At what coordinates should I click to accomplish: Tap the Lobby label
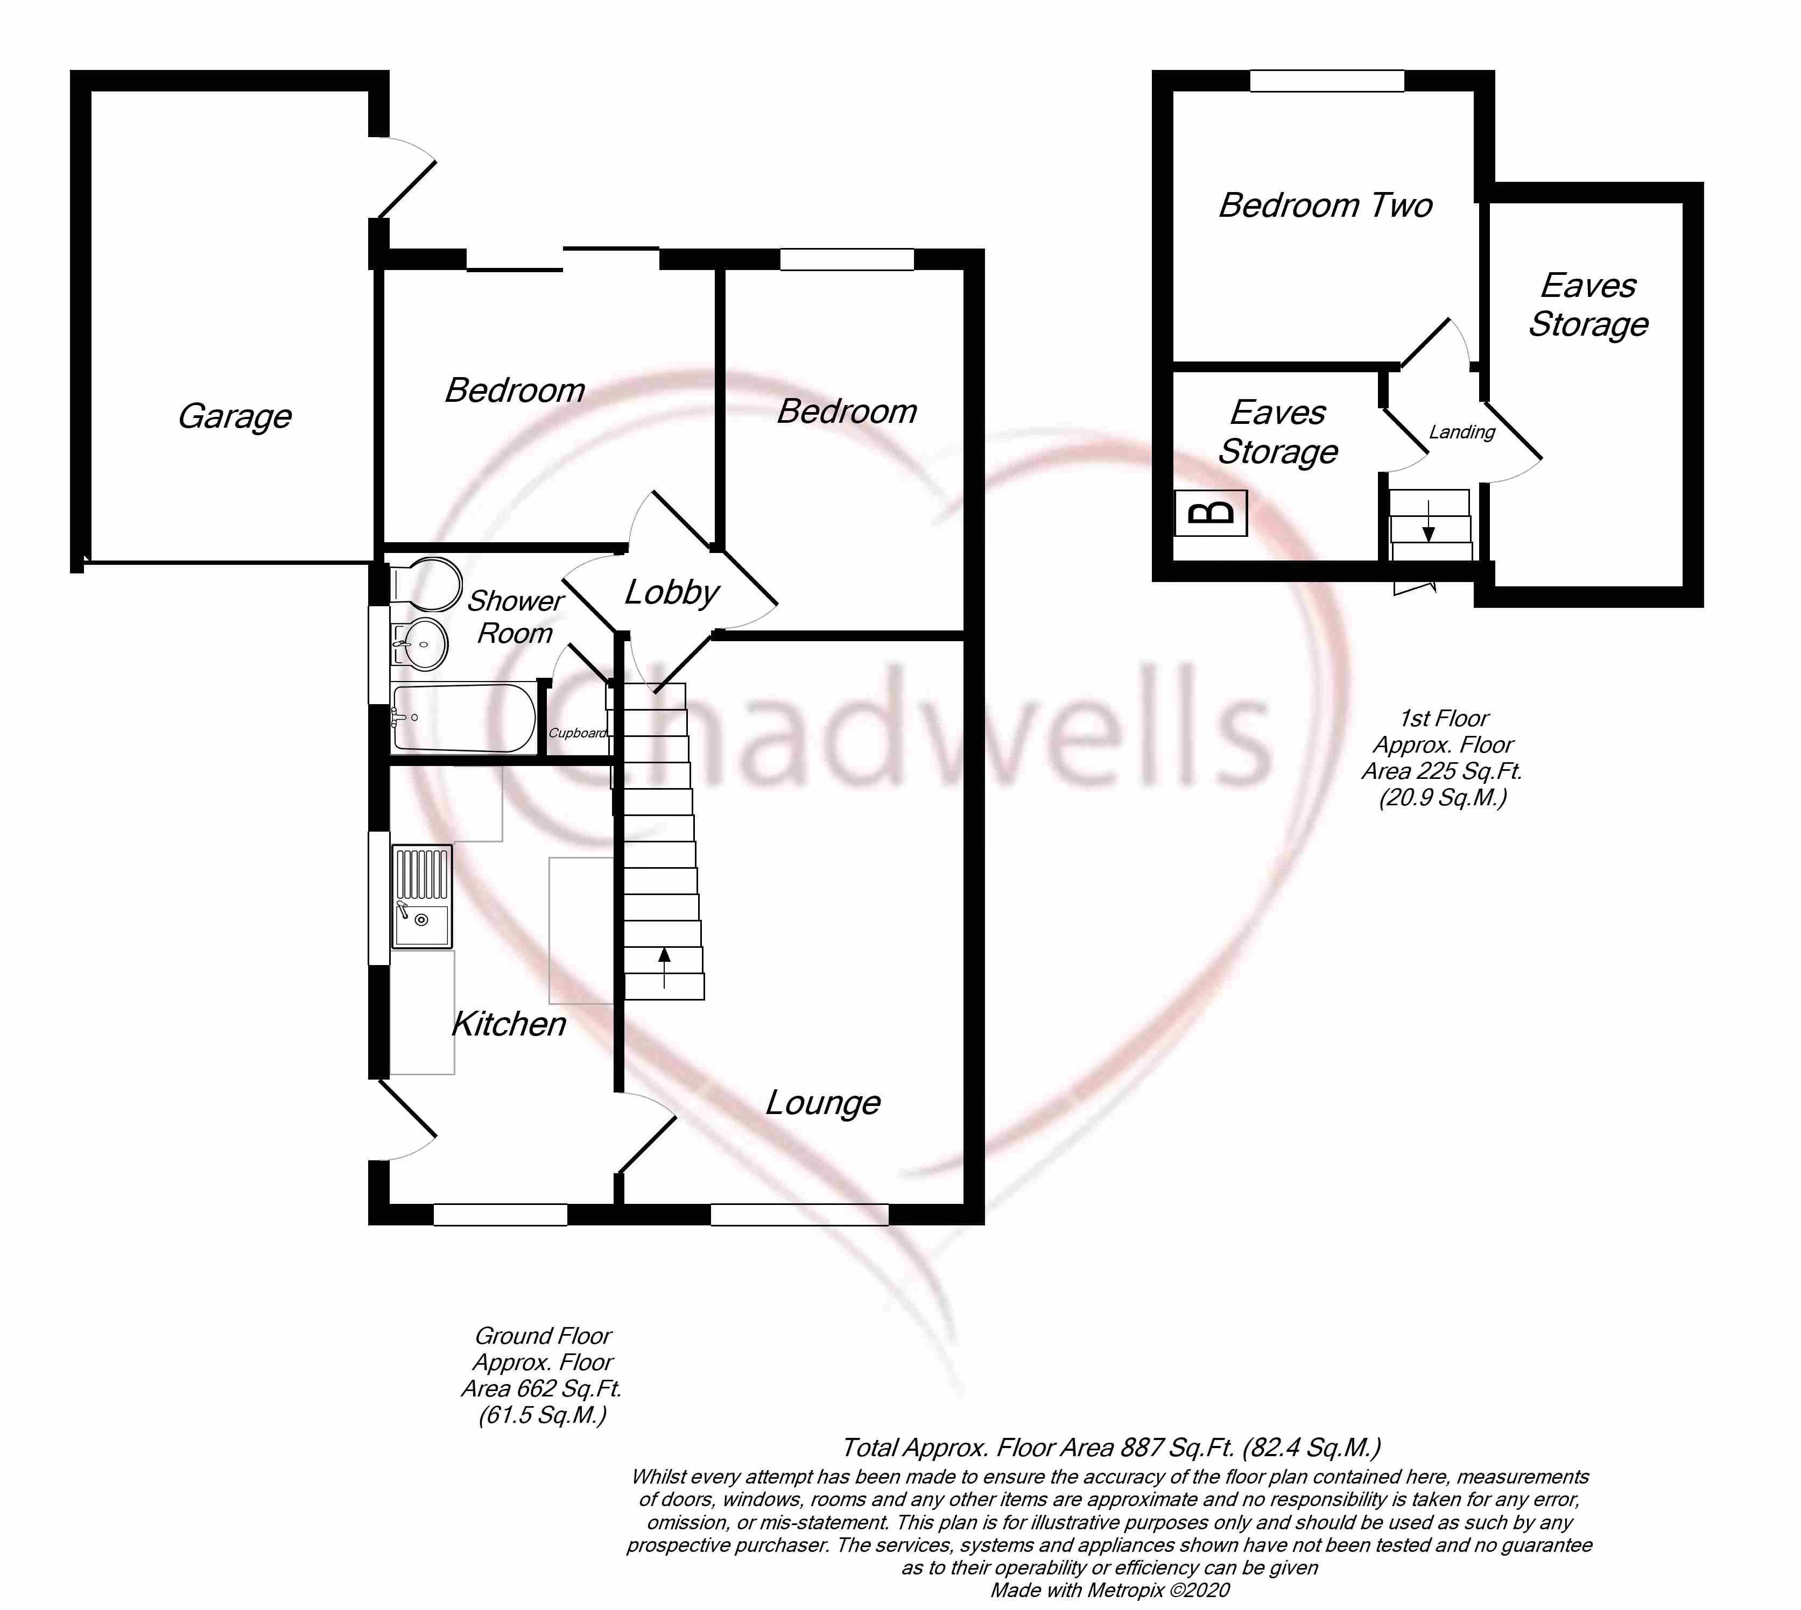click(672, 593)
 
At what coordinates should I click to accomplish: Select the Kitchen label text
click(509, 1024)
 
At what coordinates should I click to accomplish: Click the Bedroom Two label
click(1325, 205)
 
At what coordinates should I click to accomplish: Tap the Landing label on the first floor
click(1462, 432)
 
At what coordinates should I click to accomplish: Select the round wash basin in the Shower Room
click(421, 643)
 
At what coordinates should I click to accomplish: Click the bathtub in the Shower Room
click(463, 718)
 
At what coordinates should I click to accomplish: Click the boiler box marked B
click(1211, 513)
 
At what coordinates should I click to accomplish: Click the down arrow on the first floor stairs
click(1429, 521)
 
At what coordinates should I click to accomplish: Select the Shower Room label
click(515, 616)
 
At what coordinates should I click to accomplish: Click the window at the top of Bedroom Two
click(1326, 81)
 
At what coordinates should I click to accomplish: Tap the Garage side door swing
click(403, 177)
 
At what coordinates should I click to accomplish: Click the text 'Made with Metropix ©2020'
click(1110, 1590)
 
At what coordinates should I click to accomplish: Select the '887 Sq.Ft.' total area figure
click(1177, 1448)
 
